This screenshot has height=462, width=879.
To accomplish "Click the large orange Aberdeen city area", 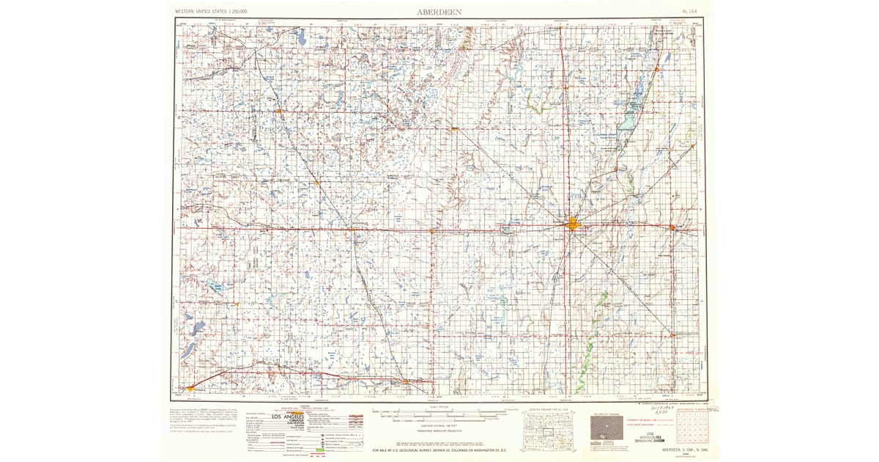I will coord(573,225).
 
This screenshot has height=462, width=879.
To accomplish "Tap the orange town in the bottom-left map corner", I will coord(191,389).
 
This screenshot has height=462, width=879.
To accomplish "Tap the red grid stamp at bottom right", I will coord(691,428).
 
